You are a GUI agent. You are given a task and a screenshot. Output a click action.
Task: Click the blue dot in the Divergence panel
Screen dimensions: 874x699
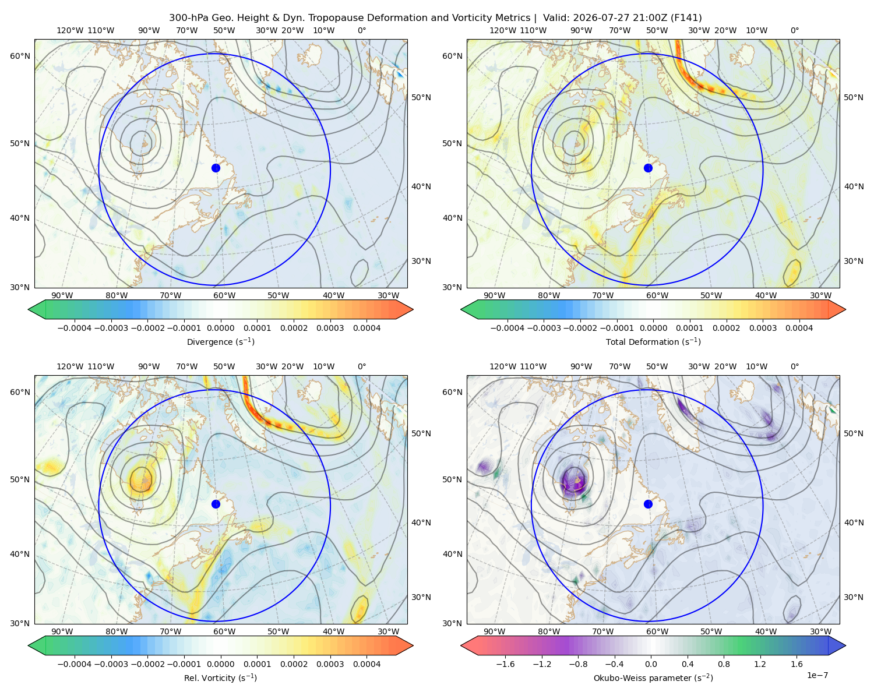[x=216, y=168]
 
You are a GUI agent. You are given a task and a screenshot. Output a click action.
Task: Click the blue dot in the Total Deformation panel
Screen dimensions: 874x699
[x=648, y=168]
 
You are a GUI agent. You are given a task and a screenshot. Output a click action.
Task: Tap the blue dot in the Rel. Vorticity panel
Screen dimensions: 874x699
[x=216, y=504]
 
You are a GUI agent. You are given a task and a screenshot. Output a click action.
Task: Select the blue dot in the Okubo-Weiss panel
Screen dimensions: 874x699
[x=648, y=504]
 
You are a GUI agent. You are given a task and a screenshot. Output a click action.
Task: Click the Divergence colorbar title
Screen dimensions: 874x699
[x=220, y=342]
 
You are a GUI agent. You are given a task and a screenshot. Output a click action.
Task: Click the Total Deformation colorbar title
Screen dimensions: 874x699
[x=653, y=342]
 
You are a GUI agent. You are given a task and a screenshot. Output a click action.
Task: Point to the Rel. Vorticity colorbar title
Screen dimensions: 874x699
[x=220, y=678]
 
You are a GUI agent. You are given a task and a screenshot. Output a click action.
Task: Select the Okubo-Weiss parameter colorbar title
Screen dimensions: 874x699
[x=653, y=678]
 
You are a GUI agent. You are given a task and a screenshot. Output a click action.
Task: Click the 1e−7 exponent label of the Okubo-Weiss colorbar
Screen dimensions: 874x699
[x=817, y=675]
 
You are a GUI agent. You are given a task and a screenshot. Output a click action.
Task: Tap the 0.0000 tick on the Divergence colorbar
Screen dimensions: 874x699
[x=220, y=328]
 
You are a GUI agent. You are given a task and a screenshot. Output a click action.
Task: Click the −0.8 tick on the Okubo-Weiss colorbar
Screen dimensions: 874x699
[x=579, y=664]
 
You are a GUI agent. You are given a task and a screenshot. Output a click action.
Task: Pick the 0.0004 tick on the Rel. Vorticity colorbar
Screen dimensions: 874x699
[x=366, y=664]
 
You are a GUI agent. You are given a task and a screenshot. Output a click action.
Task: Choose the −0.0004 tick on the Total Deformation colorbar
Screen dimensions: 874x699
[x=508, y=328]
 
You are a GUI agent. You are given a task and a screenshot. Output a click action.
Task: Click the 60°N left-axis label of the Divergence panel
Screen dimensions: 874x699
[x=20, y=56]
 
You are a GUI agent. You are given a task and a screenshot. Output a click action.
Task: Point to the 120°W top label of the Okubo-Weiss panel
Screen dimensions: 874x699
[x=503, y=366]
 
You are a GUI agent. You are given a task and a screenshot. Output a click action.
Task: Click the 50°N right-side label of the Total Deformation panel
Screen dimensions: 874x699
[x=853, y=97]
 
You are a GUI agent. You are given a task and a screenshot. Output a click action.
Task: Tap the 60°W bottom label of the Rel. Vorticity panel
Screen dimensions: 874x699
[x=224, y=631]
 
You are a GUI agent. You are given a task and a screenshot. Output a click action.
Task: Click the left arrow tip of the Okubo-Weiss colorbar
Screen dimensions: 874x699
[x=461, y=645]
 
